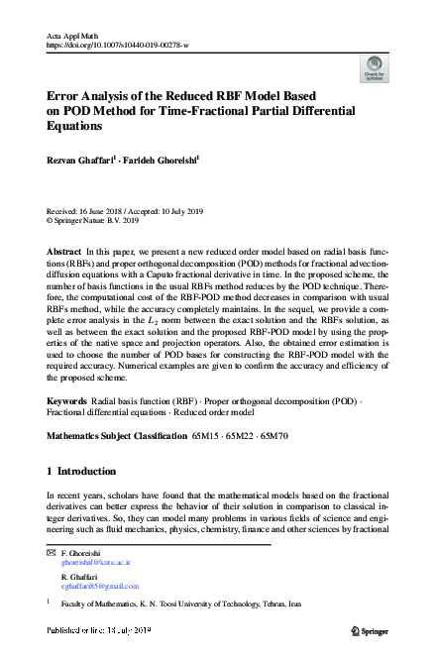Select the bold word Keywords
point(66,428)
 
